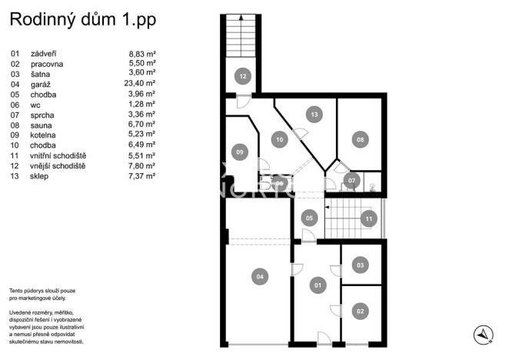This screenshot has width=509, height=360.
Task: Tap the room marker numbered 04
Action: click(260, 276)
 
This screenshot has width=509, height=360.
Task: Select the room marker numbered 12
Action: click(242, 76)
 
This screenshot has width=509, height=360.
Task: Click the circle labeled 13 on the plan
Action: click(314, 114)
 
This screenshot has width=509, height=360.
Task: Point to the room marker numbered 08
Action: click(359, 139)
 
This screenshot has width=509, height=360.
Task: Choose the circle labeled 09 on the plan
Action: click(240, 152)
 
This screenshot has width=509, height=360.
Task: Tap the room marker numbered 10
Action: click(278, 139)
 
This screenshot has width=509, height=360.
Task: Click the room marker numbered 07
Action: click(351, 182)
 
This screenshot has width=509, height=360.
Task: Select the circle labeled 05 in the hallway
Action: click(309, 218)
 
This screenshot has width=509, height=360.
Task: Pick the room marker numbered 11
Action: click(368, 218)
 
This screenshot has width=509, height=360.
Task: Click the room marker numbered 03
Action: click(359, 265)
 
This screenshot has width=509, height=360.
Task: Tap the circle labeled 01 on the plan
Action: click(315, 286)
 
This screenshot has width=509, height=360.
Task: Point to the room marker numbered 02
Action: click(359, 312)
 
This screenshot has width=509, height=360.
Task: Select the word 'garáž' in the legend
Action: click(40, 83)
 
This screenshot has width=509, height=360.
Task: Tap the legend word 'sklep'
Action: click(40, 175)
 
